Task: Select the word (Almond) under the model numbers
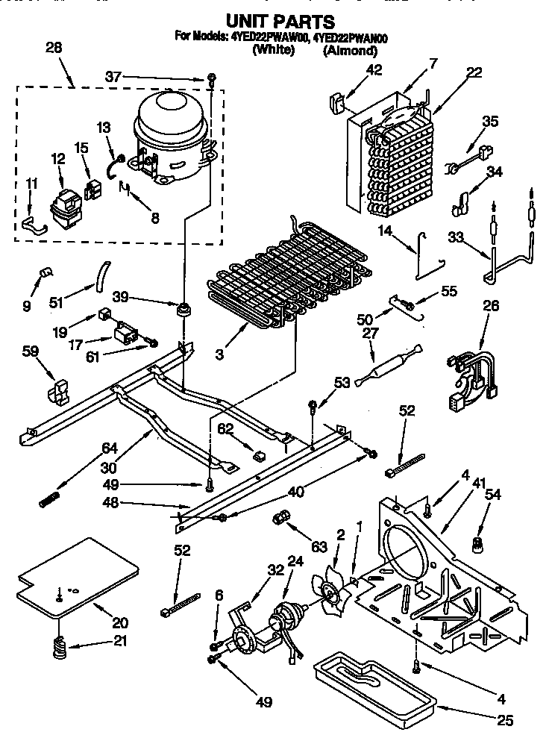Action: [x=350, y=51]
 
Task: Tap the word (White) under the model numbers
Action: [x=274, y=51]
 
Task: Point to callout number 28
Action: [x=54, y=48]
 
